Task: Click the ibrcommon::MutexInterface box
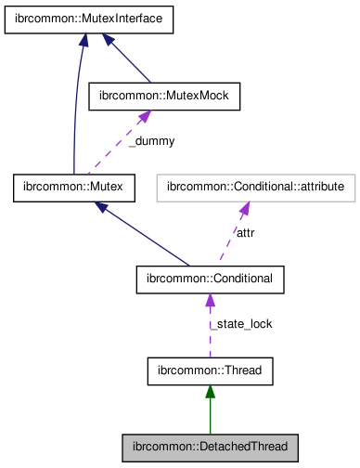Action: click(x=89, y=21)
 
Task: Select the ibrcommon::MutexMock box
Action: click(x=163, y=96)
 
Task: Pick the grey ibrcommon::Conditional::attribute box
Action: click(x=255, y=188)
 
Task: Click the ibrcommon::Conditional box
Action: click(x=210, y=279)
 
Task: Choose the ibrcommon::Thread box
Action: click(x=210, y=371)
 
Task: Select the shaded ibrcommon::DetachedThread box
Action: click(x=210, y=447)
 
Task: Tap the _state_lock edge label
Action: click(x=239, y=324)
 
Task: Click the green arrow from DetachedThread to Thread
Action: click(x=210, y=413)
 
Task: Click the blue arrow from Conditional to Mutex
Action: click(x=139, y=236)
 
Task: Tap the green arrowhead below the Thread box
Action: click(x=210, y=393)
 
